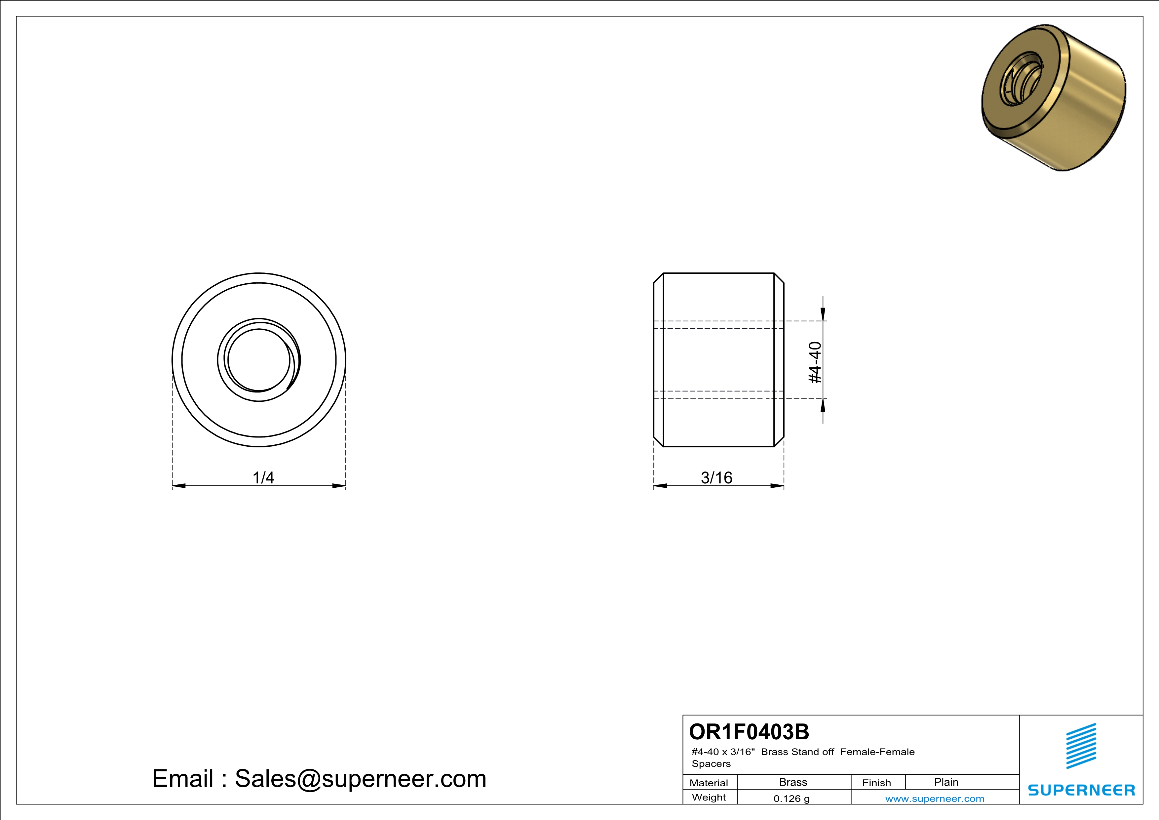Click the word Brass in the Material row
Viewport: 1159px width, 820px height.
(x=793, y=782)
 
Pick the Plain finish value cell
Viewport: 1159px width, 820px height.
(x=946, y=782)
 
